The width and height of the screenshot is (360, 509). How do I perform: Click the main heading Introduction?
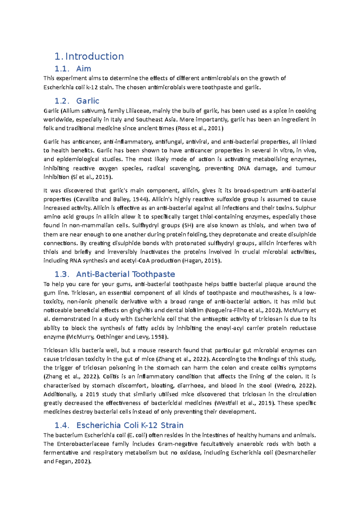pos(94,56)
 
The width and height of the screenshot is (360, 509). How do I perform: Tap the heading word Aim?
pos(83,69)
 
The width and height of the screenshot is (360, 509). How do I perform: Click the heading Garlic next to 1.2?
pos(88,101)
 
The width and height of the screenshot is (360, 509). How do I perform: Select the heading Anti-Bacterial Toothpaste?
pos(125,274)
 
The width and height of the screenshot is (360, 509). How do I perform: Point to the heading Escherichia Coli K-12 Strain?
pos(130,425)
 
